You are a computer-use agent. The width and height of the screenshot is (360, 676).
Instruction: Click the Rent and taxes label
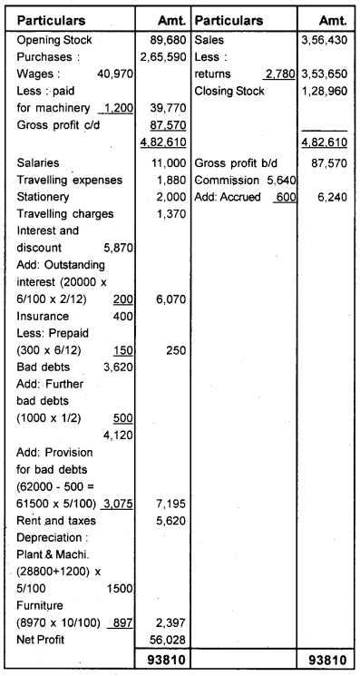(x=53, y=522)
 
